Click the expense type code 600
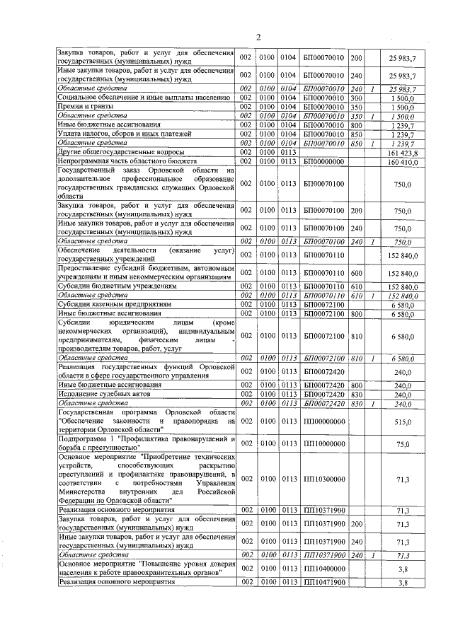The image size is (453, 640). click(356, 272)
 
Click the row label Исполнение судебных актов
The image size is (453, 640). click(103, 395)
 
